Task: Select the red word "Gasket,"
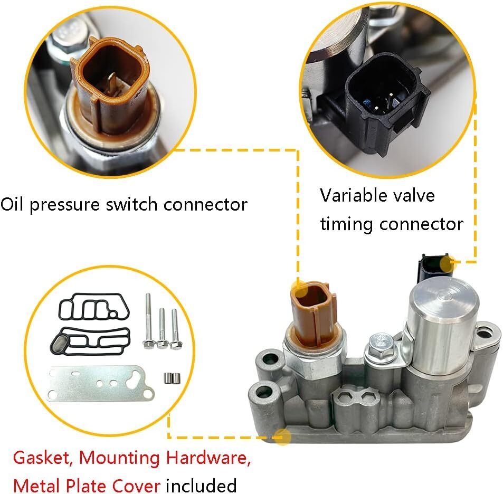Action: pos(43,458)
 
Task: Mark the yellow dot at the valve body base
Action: pos(283,436)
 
